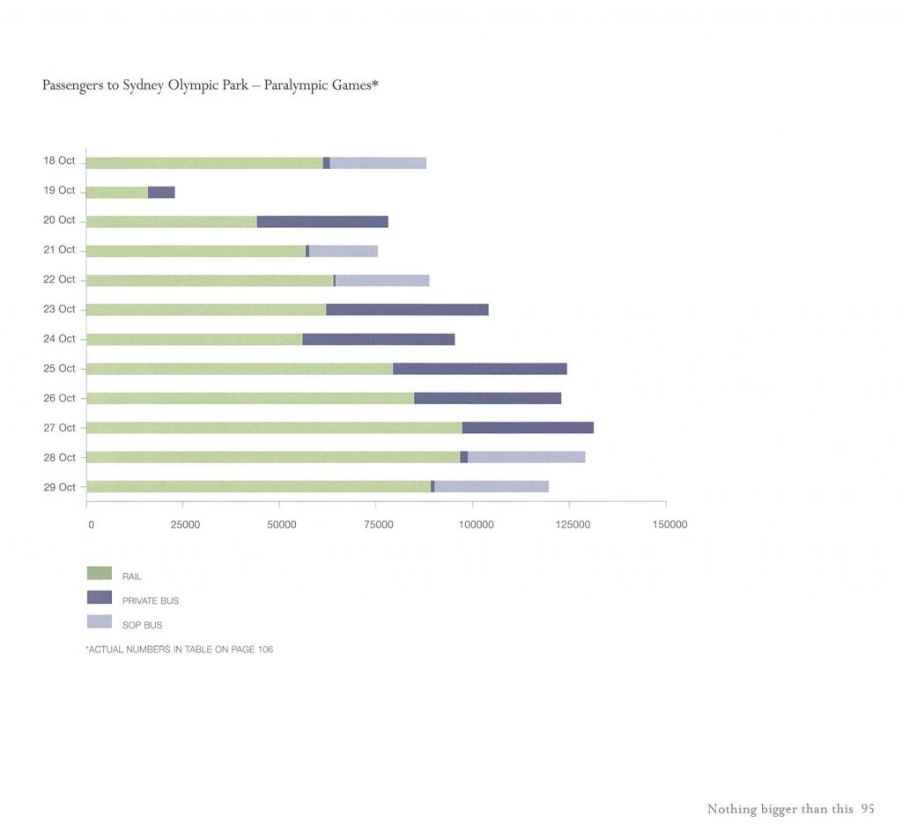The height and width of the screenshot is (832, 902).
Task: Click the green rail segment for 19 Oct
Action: pos(117,192)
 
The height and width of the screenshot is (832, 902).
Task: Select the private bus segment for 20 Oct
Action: pos(322,222)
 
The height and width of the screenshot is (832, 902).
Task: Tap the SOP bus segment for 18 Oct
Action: pos(378,163)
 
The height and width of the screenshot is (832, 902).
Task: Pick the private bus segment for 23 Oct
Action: pos(407,310)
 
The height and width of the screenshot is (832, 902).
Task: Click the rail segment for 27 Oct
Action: pos(274,428)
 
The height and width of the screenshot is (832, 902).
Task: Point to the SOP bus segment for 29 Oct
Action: pos(492,487)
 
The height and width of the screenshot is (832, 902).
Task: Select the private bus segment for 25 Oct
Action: pos(480,369)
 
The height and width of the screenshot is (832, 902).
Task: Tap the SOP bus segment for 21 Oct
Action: pos(344,251)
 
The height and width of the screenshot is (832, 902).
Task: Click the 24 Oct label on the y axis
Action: pos(59,339)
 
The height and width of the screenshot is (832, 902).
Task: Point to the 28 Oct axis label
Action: pos(59,458)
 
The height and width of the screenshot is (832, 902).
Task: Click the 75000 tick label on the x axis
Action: pos(379,525)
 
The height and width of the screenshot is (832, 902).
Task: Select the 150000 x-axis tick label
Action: pos(669,525)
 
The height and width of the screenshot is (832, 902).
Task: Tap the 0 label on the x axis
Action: pos(91,525)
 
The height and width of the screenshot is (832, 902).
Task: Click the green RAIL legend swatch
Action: pos(100,573)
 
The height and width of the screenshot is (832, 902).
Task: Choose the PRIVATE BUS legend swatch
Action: pos(100,598)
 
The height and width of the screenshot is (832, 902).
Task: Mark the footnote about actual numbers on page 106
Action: pos(179,650)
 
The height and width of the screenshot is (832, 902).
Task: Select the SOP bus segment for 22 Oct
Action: pos(382,281)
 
